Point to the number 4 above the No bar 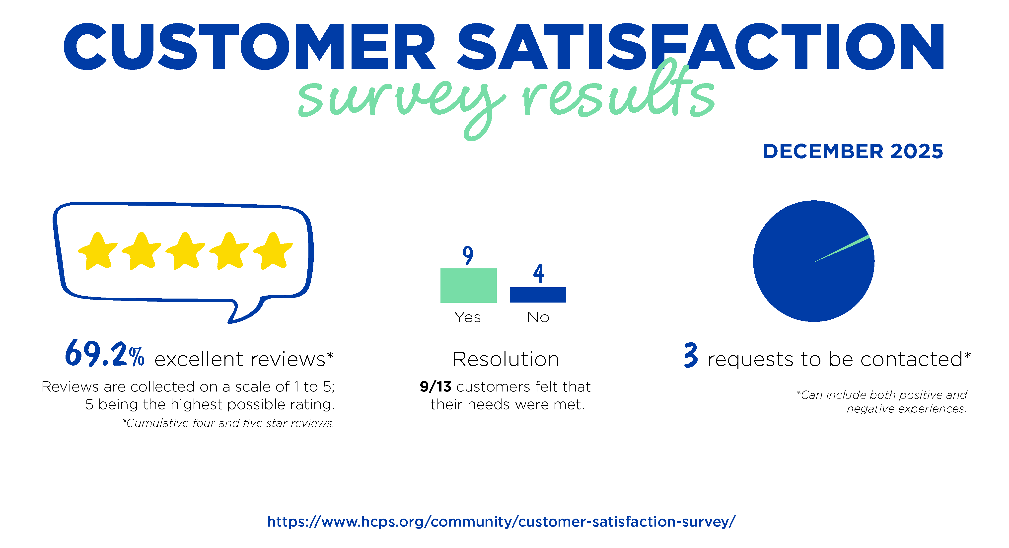click(x=539, y=273)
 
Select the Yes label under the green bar click(x=467, y=317)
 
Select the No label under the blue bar click(x=538, y=317)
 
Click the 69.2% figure click(x=105, y=354)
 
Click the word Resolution click(x=506, y=359)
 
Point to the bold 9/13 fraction click(x=435, y=387)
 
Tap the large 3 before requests click(x=691, y=355)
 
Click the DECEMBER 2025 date click(x=853, y=151)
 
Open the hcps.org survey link click(x=501, y=521)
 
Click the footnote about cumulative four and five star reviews click(x=228, y=423)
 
